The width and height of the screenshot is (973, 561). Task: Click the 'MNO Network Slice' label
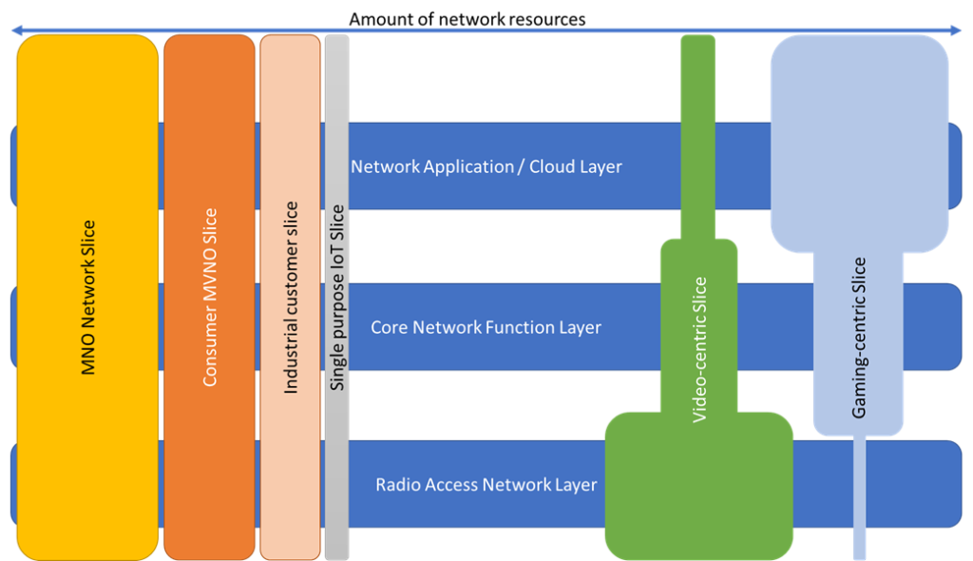(88, 298)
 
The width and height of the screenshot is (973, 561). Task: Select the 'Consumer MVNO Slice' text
(210, 298)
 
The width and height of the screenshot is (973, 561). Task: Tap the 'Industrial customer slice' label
(291, 298)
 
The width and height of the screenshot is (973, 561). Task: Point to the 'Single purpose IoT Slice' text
(336, 298)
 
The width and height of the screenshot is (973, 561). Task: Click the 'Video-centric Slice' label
(699, 349)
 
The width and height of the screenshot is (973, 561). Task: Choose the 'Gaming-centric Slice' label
(859, 338)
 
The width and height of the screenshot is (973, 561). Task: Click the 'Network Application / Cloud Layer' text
(486, 166)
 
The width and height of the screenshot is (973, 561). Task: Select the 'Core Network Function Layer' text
(486, 327)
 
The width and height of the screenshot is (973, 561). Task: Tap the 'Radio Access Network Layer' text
(486, 485)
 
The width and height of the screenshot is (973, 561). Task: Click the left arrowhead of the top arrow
(15, 30)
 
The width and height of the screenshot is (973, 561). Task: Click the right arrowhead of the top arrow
(958, 30)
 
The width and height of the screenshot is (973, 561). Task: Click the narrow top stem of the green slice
(698, 133)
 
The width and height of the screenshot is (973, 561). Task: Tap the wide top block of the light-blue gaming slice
(859, 143)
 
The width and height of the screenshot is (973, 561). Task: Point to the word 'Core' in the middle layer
(390, 327)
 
